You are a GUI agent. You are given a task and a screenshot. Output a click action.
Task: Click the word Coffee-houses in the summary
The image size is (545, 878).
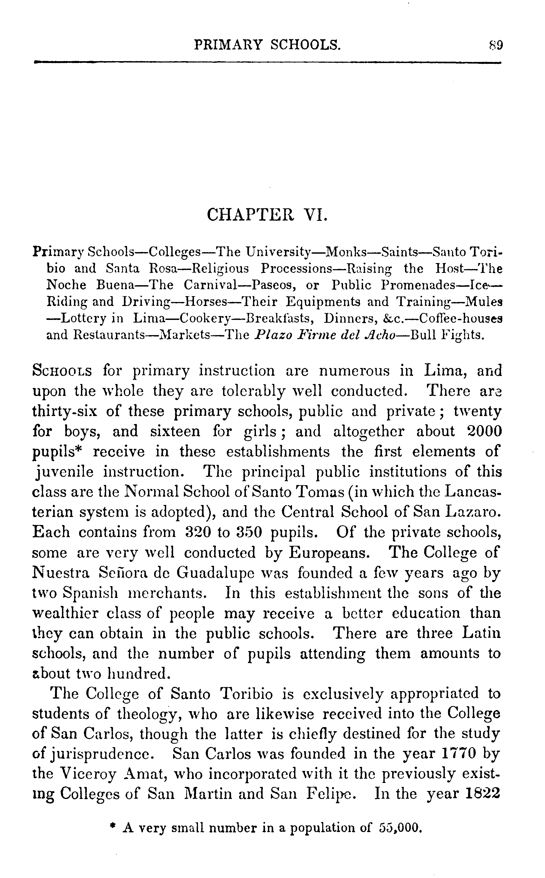pos(461,319)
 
